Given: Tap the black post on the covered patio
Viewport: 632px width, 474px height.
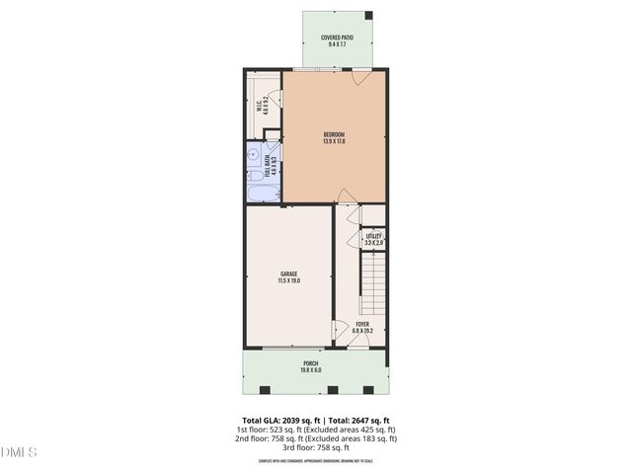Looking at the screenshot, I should point(369,17).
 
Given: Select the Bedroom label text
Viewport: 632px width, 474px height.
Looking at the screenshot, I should point(335,134).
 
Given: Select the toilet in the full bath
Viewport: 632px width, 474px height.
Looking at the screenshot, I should point(253,156).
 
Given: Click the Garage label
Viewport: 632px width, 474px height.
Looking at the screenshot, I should point(288,274).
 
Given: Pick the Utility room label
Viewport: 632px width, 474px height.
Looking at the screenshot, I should point(373,236).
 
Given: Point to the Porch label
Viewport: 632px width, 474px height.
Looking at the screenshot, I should point(310,363).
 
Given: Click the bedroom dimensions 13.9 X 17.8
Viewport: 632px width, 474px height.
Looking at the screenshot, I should point(335,141).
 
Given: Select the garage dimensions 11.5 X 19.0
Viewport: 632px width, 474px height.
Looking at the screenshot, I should point(288,281).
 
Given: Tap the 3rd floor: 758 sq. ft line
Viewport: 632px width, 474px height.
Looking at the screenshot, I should point(315,447).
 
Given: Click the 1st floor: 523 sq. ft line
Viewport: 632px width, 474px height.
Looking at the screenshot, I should point(315,430).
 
